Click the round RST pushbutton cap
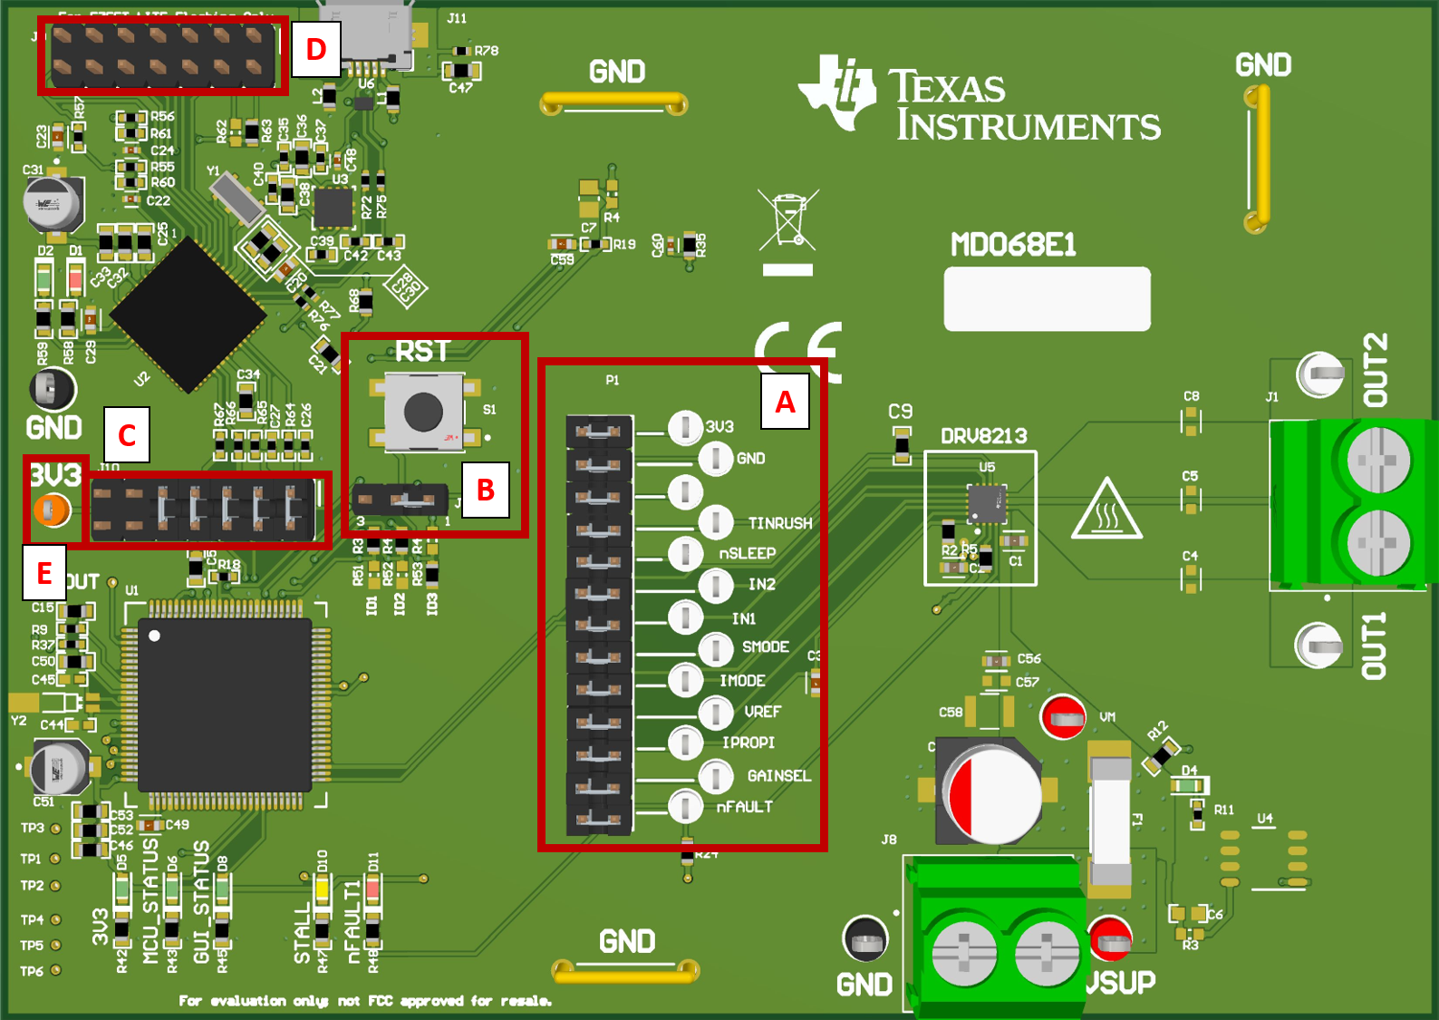coord(422,413)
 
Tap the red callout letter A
coord(785,402)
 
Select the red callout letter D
coord(315,49)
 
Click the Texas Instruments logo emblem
coord(837,92)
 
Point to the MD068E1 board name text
coord(1013,245)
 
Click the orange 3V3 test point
coord(51,510)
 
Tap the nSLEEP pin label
coord(747,553)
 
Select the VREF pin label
coord(762,712)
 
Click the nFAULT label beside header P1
coord(744,806)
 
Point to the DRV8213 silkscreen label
coord(983,436)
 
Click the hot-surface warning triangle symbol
coord(1106,510)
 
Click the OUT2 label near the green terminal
coord(1375,369)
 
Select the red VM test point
coord(1062,717)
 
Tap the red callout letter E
coord(43,573)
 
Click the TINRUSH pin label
coord(779,523)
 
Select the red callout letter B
coord(485,491)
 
